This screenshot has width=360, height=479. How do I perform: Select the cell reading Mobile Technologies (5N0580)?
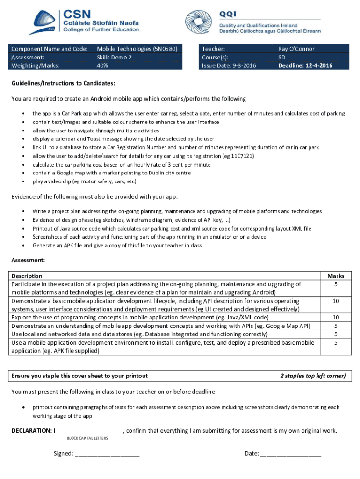(x=137, y=49)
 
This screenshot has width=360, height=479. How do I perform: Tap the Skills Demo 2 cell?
(x=114, y=57)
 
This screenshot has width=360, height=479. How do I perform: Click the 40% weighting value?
(x=102, y=65)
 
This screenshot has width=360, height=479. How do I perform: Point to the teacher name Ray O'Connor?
(x=296, y=49)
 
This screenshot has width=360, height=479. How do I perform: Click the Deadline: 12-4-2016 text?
(x=305, y=65)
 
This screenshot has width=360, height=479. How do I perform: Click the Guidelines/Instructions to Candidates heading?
(x=63, y=83)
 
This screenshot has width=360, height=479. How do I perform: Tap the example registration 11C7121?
(x=241, y=156)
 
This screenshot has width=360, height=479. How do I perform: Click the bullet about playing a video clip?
(x=84, y=181)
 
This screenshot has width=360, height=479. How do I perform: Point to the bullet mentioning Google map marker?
(x=111, y=173)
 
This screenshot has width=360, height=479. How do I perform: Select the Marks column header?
(x=336, y=276)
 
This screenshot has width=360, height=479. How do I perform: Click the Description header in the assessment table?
(x=27, y=276)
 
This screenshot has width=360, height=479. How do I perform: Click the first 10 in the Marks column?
(x=336, y=301)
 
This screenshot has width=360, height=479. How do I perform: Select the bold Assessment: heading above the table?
(x=28, y=260)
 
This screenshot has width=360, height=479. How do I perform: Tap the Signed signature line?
(x=107, y=454)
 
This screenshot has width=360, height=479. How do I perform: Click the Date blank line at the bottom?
(x=290, y=454)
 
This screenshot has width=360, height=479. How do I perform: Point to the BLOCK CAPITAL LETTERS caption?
(x=87, y=438)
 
